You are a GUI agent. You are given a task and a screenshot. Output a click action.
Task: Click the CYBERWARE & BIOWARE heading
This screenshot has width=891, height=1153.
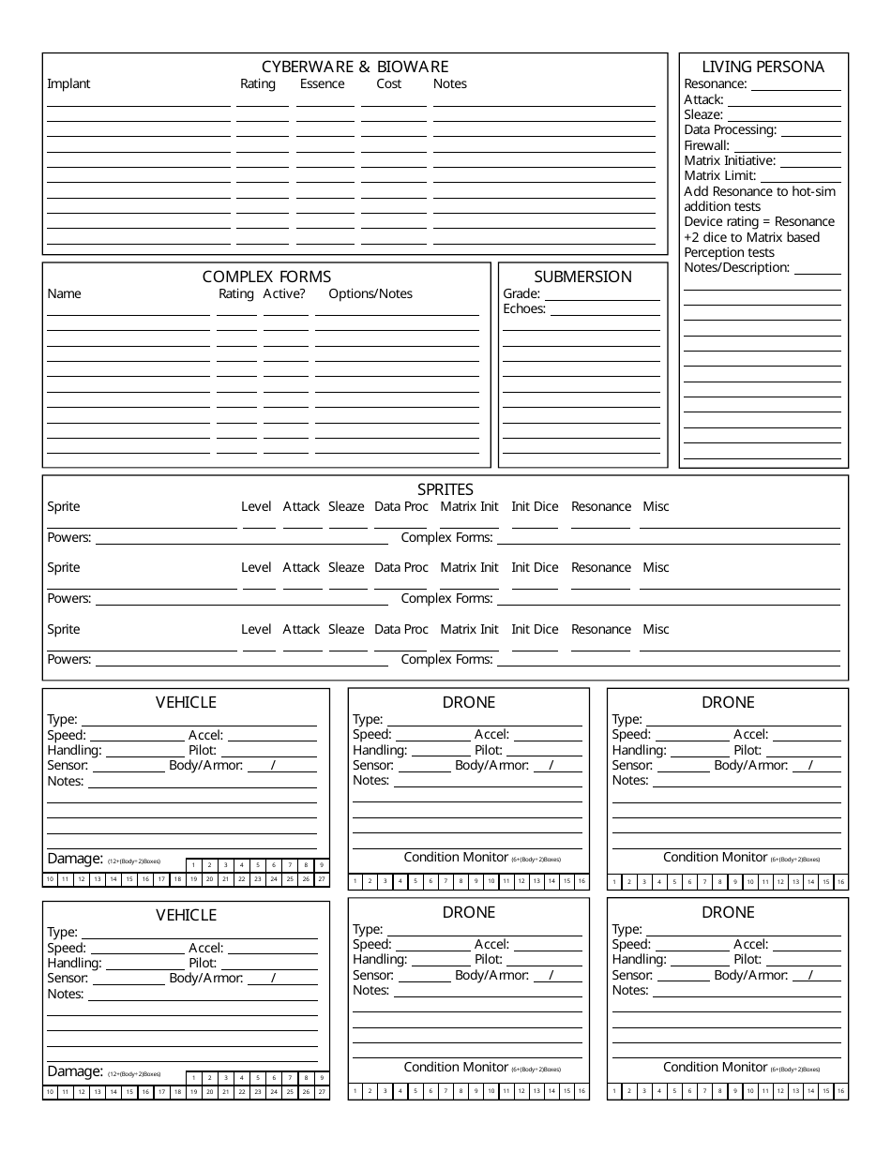355,67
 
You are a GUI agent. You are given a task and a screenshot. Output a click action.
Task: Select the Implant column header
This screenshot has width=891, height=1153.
68,84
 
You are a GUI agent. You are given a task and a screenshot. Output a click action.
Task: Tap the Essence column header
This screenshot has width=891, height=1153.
322,84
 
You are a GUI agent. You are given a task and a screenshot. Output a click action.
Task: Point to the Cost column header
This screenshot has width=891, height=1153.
388,84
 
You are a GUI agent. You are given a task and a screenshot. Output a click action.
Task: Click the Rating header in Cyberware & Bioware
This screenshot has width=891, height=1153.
258,84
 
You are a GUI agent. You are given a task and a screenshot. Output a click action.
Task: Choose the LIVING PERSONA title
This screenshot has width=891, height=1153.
763,67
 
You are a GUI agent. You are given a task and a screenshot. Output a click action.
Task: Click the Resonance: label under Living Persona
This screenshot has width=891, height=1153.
716,84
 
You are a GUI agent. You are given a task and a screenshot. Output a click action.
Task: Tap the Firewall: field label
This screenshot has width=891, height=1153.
706,146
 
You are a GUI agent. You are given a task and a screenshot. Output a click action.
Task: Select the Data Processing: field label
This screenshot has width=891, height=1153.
731,130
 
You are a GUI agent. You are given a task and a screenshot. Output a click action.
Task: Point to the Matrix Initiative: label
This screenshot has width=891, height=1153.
731,161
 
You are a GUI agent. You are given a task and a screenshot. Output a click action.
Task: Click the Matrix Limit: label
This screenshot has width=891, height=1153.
720,176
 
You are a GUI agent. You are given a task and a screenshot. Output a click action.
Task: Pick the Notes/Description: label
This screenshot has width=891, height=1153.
737,268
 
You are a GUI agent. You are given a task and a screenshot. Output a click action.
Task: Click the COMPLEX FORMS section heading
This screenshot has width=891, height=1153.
266,277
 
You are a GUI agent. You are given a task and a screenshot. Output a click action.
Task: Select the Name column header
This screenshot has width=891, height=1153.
64,294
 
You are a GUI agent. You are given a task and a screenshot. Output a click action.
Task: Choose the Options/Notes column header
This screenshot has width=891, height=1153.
370,294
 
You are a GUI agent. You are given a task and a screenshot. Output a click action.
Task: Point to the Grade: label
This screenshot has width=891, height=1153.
521,294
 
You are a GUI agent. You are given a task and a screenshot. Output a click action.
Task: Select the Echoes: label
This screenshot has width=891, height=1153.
524,309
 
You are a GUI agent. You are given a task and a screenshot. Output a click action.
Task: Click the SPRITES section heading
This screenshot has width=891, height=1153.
445,489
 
